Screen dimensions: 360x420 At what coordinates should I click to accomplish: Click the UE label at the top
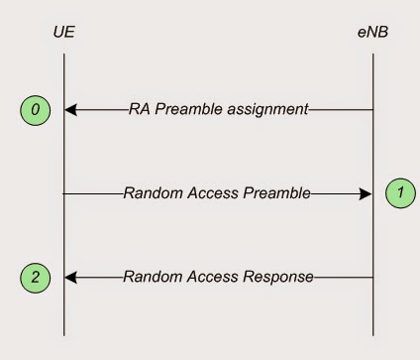(64, 34)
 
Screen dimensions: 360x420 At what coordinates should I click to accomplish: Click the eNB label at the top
(373, 34)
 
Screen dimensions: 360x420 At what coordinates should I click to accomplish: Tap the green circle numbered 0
(36, 110)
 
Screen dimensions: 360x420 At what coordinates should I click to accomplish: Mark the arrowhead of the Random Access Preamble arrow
(366, 193)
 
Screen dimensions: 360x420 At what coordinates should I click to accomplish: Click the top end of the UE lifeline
(64, 54)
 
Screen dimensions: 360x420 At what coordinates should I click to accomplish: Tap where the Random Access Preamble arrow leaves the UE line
(65, 193)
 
